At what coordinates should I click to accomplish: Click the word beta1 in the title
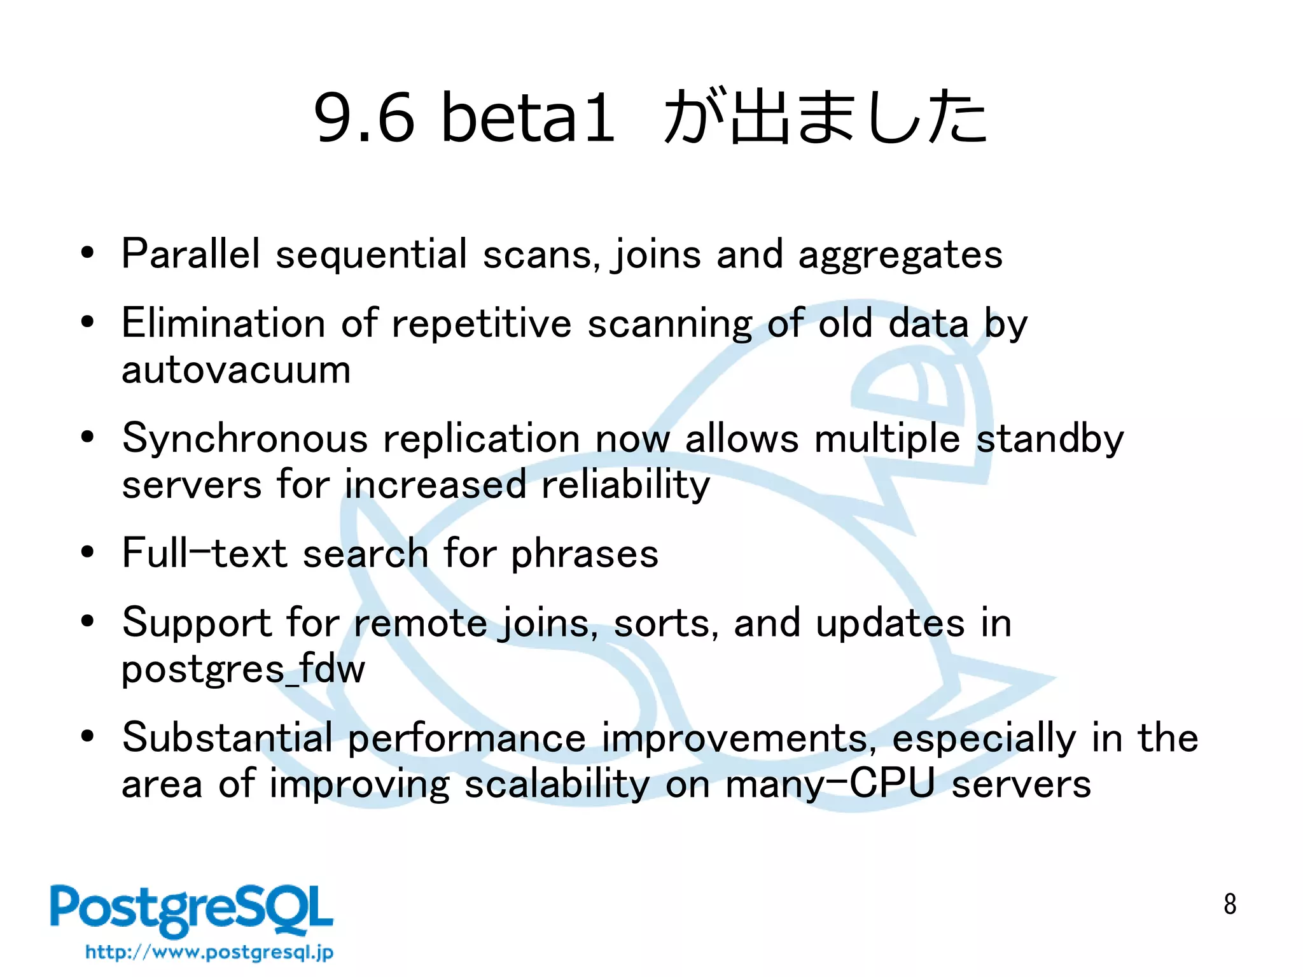pyautogui.click(x=528, y=117)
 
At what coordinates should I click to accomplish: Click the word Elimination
pyautogui.click(x=223, y=323)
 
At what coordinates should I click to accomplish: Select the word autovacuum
pyautogui.click(x=236, y=370)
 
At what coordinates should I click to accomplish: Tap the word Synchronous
pyautogui.click(x=245, y=439)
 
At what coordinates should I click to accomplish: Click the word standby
pyautogui.click(x=1050, y=439)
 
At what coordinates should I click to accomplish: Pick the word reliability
pyautogui.click(x=625, y=486)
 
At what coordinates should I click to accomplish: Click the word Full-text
pyautogui.click(x=204, y=553)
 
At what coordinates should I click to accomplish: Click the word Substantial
pyautogui.click(x=227, y=738)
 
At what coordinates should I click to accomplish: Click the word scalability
pyautogui.click(x=557, y=784)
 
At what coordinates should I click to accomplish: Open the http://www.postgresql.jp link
pyautogui.click(x=209, y=952)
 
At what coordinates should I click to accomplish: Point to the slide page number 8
pyautogui.click(x=1229, y=904)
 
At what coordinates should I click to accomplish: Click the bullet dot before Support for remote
pyautogui.click(x=88, y=621)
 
